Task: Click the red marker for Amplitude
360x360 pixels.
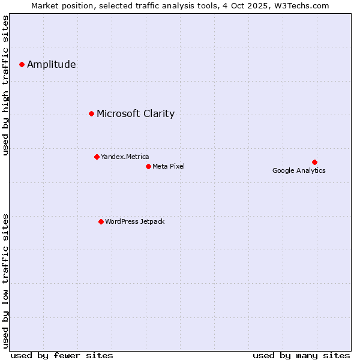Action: click(x=22, y=64)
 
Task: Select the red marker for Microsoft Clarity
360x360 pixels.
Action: click(x=91, y=113)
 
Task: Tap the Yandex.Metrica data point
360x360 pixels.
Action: click(x=97, y=157)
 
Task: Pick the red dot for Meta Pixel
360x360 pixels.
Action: click(x=148, y=166)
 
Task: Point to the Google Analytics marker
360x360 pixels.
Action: click(x=314, y=162)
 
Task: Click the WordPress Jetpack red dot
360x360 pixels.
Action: click(x=101, y=221)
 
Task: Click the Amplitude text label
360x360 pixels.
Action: click(x=52, y=65)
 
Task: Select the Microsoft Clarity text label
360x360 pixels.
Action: click(x=136, y=114)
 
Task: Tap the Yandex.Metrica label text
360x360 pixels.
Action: click(x=125, y=157)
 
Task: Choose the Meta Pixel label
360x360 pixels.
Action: click(x=169, y=167)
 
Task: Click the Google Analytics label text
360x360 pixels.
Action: click(x=299, y=171)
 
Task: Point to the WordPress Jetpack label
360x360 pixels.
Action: click(x=134, y=222)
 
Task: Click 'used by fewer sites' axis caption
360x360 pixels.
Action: click(x=62, y=355)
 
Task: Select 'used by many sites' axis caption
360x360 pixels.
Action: click(x=301, y=355)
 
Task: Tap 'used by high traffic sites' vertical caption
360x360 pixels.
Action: click(x=6, y=85)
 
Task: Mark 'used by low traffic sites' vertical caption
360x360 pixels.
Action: click(x=6, y=281)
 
